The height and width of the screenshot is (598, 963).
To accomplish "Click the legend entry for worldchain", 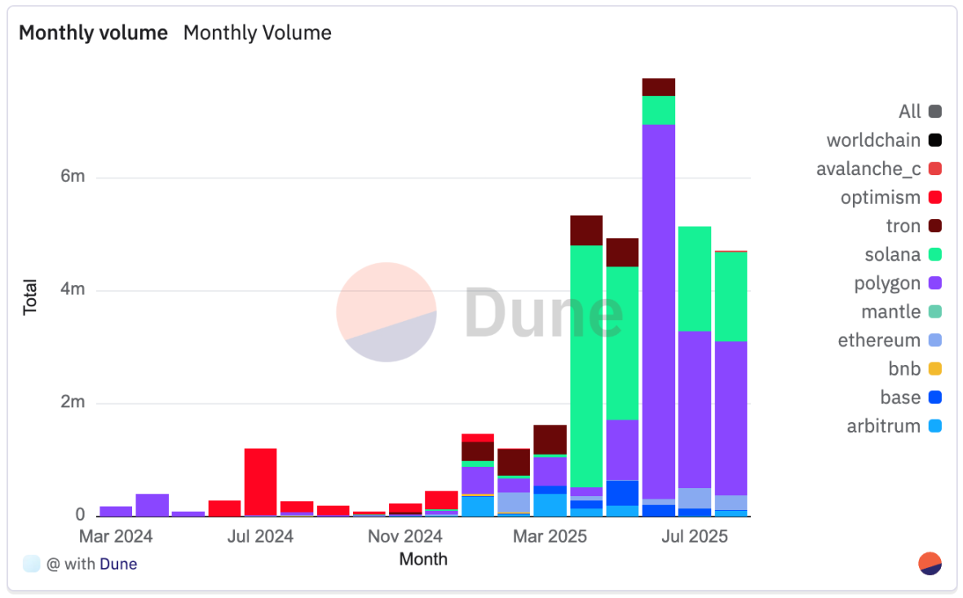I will (x=873, y=140).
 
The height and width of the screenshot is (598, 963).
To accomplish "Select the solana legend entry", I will (x=893, y=254).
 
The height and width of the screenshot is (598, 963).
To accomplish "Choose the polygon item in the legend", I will (x=887, y=284).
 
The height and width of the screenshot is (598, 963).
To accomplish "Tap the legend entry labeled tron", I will (x=903, y=226).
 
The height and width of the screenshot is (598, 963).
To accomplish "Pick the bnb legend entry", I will (x=904, y=369).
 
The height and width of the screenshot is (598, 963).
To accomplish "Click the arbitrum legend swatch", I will (x=934, y=426).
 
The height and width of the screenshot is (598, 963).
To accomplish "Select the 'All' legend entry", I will (x=909, y=112).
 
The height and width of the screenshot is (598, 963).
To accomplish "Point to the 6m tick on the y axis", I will (x=73, y=178).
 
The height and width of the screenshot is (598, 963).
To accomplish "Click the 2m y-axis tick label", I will (x=73, y=403).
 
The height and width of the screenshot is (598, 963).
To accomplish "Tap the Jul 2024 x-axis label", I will (x=260, y=537).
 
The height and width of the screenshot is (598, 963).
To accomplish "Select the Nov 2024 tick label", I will (x=404, y=537).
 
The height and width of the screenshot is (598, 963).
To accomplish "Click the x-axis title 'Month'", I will (x=423, y=559).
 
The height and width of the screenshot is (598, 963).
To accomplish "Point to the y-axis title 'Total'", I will (x=30, y=297).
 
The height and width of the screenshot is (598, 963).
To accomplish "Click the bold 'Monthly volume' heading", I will (x=93, y=33).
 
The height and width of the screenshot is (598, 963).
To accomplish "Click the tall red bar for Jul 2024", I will (x=260, y=481).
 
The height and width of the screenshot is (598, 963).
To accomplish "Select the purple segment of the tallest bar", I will (x=658, y=310).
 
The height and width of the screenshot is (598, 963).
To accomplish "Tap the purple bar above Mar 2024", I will (x=116, y=511).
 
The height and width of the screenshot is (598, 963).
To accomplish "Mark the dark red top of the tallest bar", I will (x=658, y=87).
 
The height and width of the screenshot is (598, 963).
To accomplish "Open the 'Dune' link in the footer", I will (x=118, y=564).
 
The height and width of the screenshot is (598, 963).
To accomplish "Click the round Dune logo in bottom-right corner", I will (x=930, y=564).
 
